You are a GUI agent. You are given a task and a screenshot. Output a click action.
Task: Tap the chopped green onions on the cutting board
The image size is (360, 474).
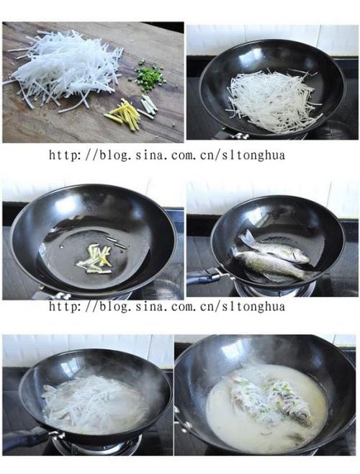[x=150, y=75]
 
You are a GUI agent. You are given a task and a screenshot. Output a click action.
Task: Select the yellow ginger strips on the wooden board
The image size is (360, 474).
[x=127, y=114]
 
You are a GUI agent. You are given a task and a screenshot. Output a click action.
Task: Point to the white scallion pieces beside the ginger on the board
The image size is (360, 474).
[x=148, y=104]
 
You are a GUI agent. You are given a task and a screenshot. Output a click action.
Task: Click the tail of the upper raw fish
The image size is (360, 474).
[x=247, y=237]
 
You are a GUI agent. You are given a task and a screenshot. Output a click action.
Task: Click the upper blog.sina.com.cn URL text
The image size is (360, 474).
[x=167, y=154]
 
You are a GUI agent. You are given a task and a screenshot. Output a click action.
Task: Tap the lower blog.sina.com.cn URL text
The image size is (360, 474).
[x=167, y=307]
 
